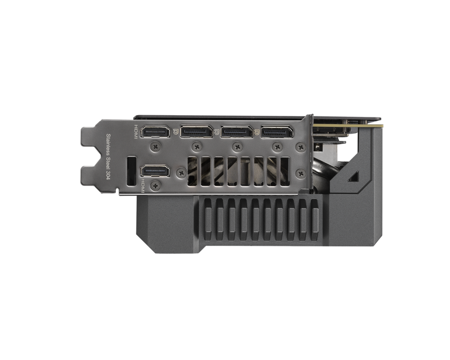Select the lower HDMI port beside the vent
pyautogui.click(x=155, y=171)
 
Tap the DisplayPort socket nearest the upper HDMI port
pyautogui.click(x=197, y=131)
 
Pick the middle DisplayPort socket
pyautogui.click(x=237, y=131)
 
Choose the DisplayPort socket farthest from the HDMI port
pyautogui.click(x=277, y=131)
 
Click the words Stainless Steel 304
pyautogui.click(x=108, y=157)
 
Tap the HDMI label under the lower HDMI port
pyautogui.click(x=144, y=185)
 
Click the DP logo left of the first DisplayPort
pyautogui.click(x=175, y=132)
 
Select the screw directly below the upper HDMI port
pyautogui.click(x=156, y=147)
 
